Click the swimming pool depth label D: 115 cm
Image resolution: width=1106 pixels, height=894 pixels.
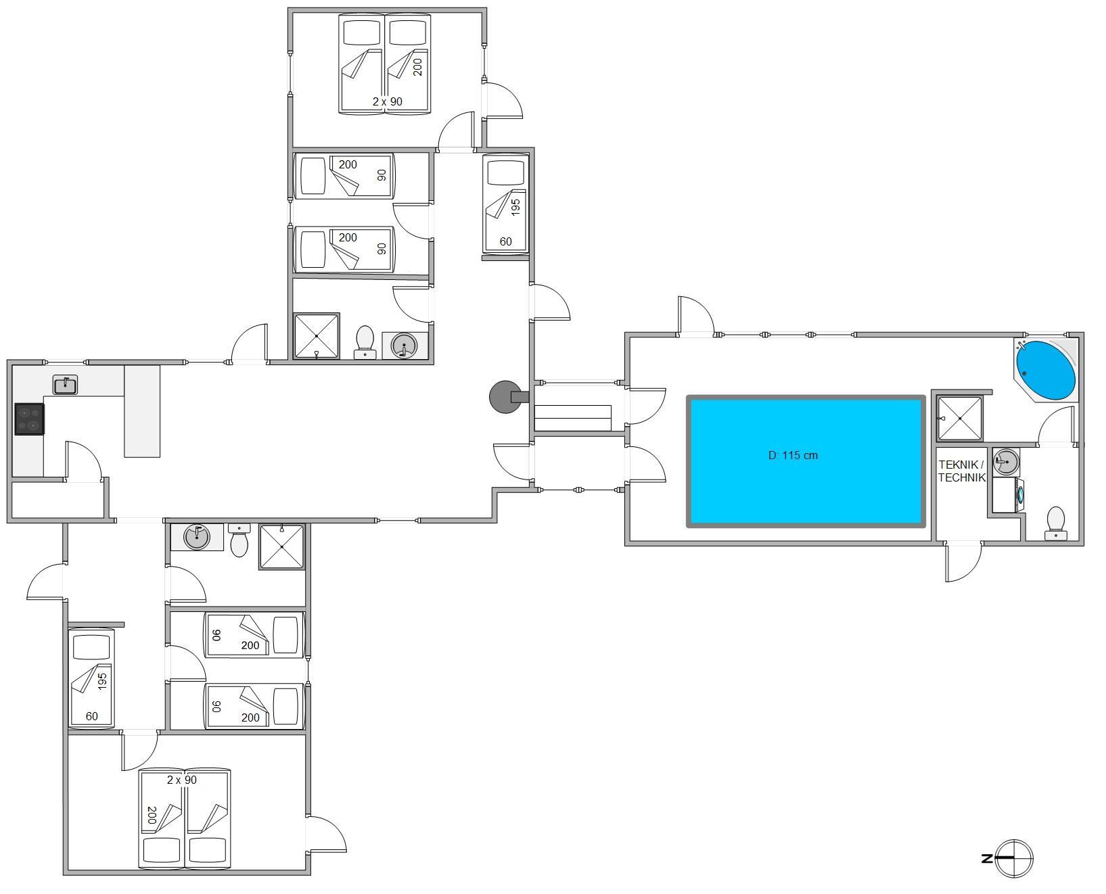(793, 455)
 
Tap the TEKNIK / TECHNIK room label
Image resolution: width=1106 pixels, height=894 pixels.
(961, 471)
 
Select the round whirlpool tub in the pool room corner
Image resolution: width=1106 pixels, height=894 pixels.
(1045, 370)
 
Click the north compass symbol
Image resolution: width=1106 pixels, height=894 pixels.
(1009, 858)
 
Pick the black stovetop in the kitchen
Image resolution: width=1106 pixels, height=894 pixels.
(30, 419)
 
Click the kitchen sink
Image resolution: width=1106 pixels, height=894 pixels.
(65, 385)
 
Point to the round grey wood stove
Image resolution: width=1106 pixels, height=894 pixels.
(503, 396)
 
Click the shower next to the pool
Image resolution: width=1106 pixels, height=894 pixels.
(959, 418)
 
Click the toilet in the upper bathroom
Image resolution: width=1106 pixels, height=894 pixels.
(365, 342)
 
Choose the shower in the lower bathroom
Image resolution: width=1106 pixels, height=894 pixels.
(281, 547)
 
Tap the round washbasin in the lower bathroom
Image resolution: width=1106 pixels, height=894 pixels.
(197, 537)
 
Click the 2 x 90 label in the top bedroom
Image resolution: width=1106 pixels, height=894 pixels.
(387, 101)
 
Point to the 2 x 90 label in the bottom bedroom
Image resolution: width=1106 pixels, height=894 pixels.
(182, 780)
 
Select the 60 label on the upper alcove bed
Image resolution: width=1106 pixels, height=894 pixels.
(505, 241)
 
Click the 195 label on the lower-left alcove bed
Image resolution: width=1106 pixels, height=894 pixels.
(102, 681)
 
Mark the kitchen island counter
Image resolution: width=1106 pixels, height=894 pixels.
(142, 411)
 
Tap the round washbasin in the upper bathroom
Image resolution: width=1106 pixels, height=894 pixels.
(405, 346)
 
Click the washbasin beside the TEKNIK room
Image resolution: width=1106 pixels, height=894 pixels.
(1006, 463)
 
